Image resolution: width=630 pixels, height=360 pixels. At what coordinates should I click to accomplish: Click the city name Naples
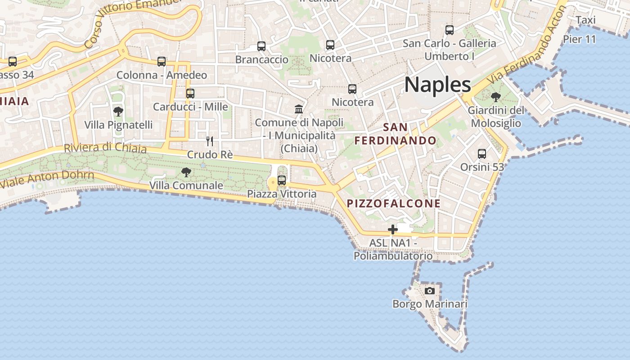(x=437, y=85)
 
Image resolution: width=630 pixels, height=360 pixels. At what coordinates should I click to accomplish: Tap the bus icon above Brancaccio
(x=261, y=46)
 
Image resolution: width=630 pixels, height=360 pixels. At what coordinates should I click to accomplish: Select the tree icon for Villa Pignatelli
(x=118, y=111)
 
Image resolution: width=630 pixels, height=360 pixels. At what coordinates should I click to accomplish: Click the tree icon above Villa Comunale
(x=186, y=172)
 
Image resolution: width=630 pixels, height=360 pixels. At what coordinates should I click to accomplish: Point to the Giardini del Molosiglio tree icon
(x=495, y=97)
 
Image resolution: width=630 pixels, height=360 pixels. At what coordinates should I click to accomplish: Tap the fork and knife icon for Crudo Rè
(x=210, y=141)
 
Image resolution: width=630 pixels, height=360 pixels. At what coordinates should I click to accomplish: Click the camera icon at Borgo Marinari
(x=430, y=291)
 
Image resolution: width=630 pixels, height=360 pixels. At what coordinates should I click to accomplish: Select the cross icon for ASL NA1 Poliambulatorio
(x=393, y=229)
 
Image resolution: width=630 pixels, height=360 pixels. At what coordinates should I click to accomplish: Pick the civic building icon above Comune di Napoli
(x=299, y=109)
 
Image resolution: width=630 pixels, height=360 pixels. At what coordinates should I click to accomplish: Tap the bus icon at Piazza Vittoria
(x=282, y=180)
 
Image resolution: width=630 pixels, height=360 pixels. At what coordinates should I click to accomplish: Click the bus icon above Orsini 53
(x=482, y=154)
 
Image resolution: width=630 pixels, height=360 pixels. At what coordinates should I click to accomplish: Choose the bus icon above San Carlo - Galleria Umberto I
(x=450, y=30)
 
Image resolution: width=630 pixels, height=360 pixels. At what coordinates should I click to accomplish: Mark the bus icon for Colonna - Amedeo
(x=162, y=62)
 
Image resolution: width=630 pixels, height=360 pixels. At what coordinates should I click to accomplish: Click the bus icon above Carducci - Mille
(x=190, y=94)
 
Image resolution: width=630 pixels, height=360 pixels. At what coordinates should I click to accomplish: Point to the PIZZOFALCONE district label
(x=394, y=203)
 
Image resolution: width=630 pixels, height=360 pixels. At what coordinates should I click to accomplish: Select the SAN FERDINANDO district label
(x=396, y=134)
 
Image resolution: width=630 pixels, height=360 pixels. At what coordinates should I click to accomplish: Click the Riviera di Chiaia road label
(x=105, y=148)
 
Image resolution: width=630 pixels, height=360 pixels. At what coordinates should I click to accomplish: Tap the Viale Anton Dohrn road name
(x=47, y=179)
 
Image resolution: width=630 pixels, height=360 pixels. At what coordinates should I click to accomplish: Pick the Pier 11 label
(x=580, y=39)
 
